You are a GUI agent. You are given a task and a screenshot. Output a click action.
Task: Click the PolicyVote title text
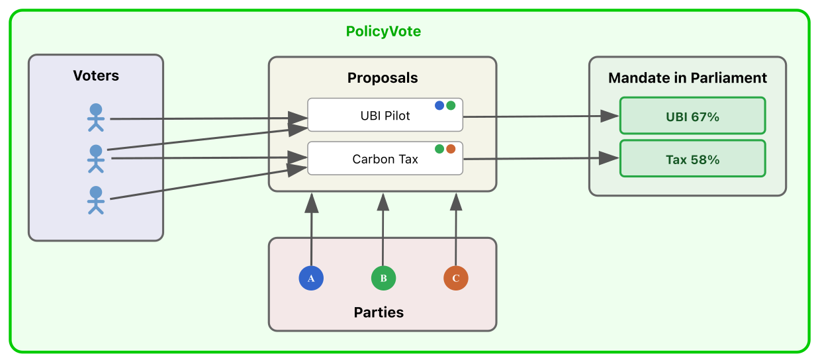[383, 31]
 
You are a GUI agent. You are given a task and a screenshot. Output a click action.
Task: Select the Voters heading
[96, 75]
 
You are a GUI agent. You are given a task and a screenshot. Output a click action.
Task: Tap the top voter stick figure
[96, 117]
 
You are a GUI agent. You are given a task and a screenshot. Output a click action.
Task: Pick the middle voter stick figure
[96, 158]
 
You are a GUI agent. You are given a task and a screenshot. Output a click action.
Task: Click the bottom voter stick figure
[96, 200]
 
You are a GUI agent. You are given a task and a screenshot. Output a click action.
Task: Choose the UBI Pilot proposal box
[385, 116]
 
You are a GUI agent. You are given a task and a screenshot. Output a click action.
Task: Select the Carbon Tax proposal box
[385, 159]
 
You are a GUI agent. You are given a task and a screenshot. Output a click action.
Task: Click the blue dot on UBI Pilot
[439, 105]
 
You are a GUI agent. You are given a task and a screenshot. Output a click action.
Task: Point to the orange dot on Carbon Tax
[451, 149]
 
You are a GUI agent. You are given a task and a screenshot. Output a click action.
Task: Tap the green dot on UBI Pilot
[451, 105]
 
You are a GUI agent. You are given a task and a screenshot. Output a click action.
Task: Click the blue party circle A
[311, 279]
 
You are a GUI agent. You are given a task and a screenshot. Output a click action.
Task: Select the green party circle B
[383, 279]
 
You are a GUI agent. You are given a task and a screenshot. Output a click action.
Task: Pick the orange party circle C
[455, 279]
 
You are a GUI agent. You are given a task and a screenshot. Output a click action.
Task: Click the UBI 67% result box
[692, 116]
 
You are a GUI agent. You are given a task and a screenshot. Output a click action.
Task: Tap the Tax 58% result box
[692, 159]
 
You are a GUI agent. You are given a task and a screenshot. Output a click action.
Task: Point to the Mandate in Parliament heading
[687, 78]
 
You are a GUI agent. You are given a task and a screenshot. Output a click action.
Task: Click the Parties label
[379, 312]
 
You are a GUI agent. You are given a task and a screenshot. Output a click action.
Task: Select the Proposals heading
[383, 78]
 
